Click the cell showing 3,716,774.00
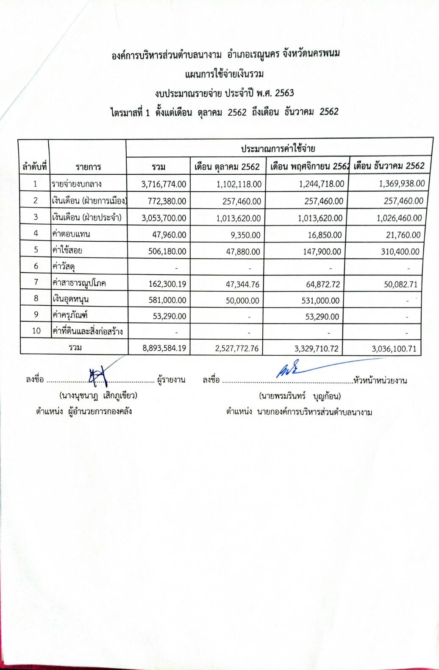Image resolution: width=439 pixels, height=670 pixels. point(164,184)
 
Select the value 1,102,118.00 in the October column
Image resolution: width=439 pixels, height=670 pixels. point(239,184)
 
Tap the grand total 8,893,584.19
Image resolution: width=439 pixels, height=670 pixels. point(164,349)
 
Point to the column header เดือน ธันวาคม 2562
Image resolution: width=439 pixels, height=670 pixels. point(389,165)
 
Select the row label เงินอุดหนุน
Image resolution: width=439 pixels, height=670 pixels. point(70,299)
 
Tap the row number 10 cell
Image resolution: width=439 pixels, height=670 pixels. point(36,331)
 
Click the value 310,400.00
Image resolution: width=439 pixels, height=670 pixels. point(400,251)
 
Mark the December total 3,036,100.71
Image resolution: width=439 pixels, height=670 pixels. point(394,349)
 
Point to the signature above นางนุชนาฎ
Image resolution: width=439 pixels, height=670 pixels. point(98,375)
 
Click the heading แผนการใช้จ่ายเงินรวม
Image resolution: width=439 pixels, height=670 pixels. point(225,74)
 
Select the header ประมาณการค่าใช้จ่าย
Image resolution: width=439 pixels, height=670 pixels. point(278,148)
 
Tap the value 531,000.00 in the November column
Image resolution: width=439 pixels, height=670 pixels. point(322,301)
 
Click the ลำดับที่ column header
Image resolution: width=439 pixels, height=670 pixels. point(34,167)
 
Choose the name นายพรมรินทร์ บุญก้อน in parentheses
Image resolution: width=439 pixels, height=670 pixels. point(300,396)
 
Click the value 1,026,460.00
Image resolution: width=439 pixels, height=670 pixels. point(399,218)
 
